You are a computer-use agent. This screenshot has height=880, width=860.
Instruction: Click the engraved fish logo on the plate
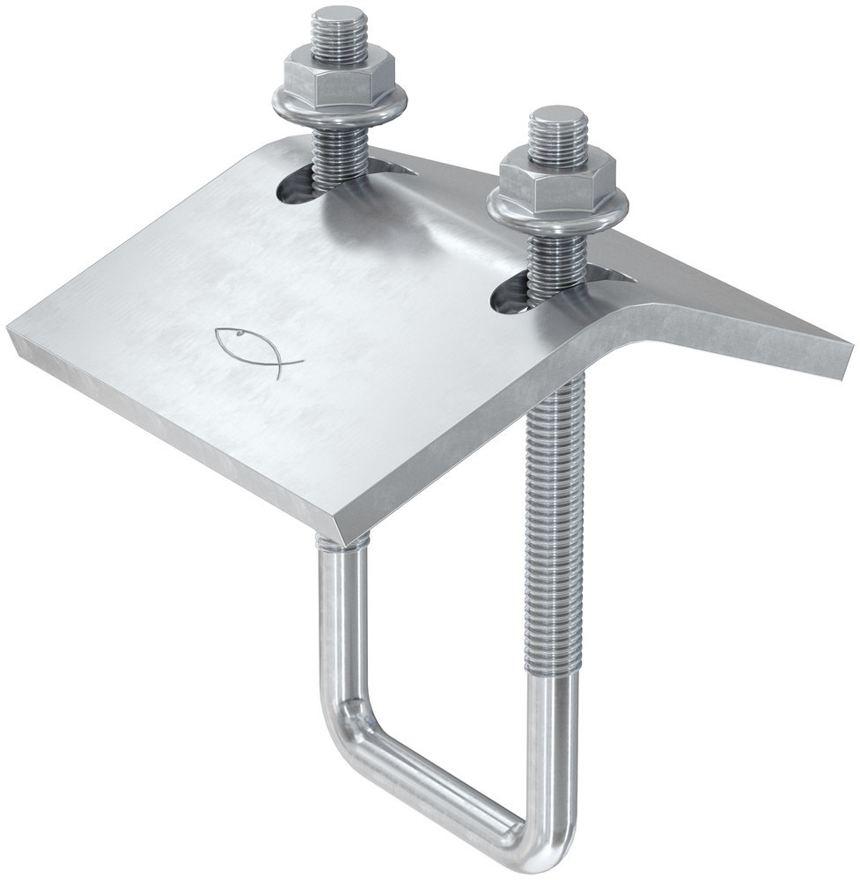(x=255, y=350)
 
